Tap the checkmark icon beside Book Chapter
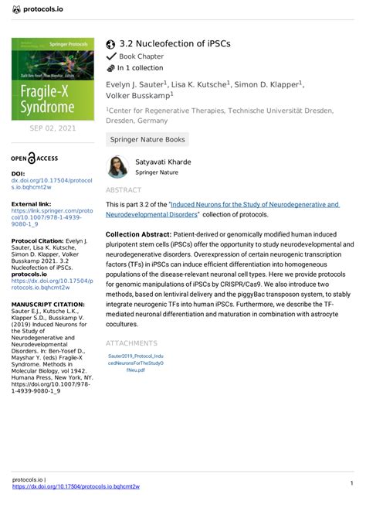[x=111, y=56]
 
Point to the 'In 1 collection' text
[x=145, y=68]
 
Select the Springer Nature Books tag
[x=147, y=139]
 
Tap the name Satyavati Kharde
[x=163, y=162]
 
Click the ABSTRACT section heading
[x=124, y=189]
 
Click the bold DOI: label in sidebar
[x=19, y=174]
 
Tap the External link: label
[x=31, y=203]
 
